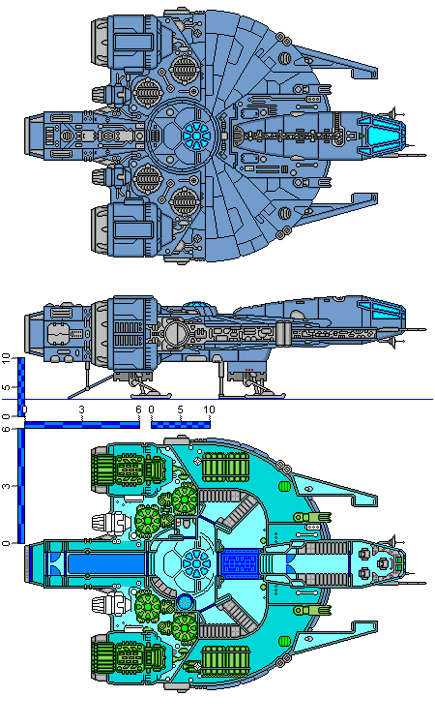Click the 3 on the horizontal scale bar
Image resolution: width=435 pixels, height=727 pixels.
[82, 409]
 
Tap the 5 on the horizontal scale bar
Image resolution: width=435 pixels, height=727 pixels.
[180, 409]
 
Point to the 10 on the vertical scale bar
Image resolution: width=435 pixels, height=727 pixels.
[6, 358]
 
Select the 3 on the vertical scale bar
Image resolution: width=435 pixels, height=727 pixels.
[6, 486]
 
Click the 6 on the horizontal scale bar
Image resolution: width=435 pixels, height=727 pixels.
[138, 409]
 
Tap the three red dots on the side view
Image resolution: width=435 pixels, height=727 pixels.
[249, 370]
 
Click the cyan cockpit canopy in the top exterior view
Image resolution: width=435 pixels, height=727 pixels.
[382, 136]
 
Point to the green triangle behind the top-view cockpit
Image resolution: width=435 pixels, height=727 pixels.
[361, 136]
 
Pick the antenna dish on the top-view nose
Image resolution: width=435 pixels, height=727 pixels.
[393, 113]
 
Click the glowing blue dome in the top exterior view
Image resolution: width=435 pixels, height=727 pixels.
[196, 136]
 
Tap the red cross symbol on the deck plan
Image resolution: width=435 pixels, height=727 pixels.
[178, 522]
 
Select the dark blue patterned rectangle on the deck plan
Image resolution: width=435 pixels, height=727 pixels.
[241, 563]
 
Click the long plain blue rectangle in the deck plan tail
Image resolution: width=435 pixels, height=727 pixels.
[106, 563]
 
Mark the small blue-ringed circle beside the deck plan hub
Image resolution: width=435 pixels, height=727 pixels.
[185, 602]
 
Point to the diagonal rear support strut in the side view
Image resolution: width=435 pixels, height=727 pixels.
[91, 386]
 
